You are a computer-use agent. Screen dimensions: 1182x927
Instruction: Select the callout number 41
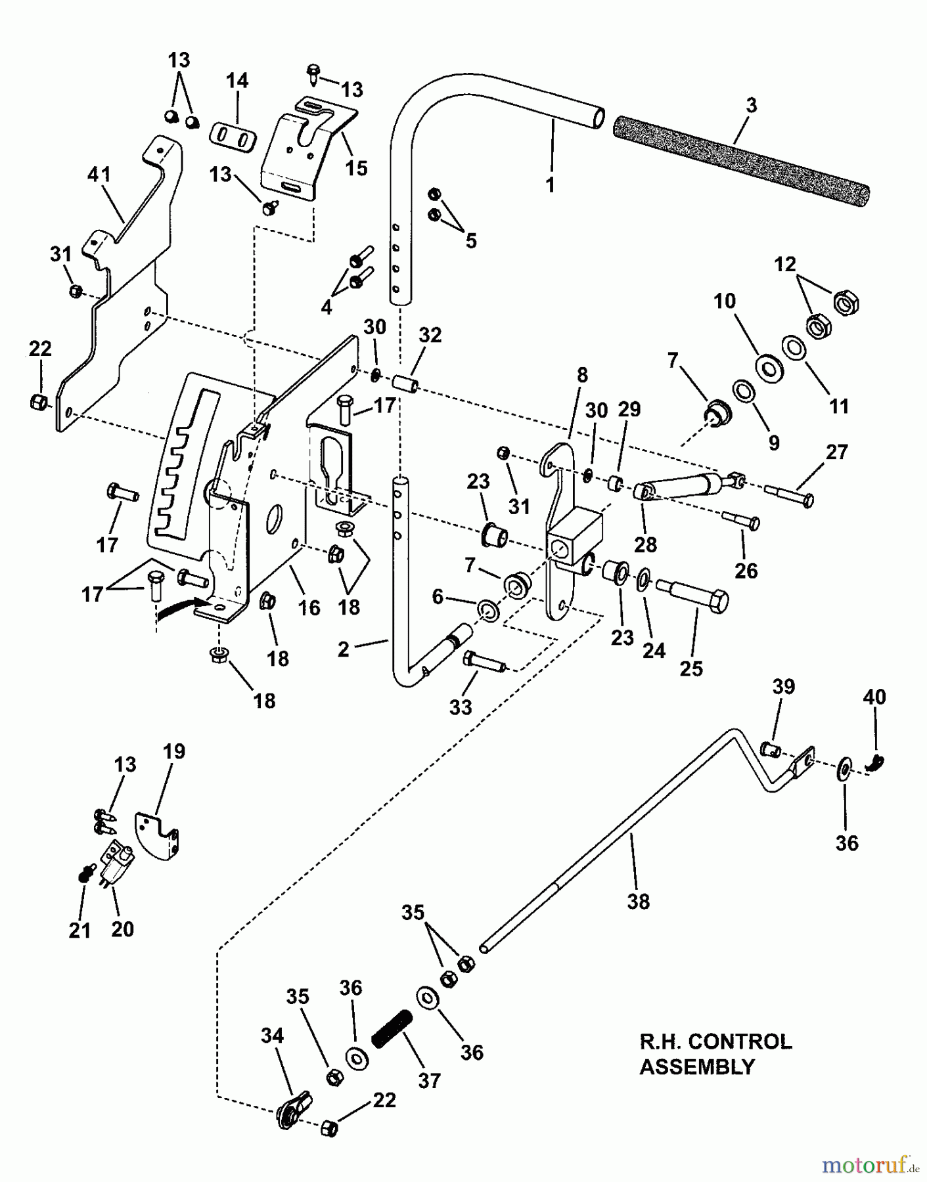[x=99, y=175]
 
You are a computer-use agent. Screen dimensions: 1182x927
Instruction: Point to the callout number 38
[x=638, y=902]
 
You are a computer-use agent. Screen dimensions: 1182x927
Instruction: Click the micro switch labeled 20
[x=116, y=860]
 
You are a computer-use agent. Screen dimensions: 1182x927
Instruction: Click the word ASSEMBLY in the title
[x=696, y=1067]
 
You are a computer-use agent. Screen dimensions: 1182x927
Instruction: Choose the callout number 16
[x=309, y=607]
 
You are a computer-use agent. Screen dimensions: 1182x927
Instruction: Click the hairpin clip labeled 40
[x=876, y=762]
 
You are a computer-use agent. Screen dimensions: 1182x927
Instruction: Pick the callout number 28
[x=646, y=544]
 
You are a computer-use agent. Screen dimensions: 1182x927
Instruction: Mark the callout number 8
[x=581, y=376]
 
